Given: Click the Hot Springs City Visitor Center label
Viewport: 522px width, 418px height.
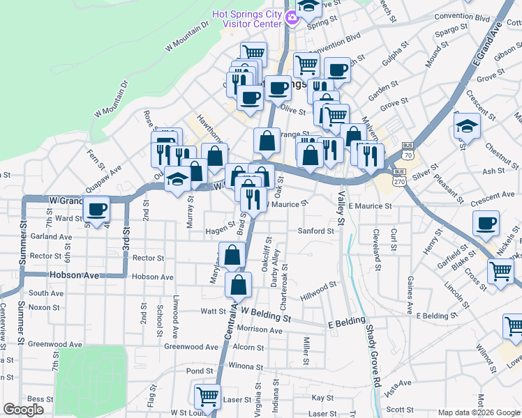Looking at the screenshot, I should point(252,19).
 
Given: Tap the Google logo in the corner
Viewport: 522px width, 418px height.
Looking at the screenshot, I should point(24,410).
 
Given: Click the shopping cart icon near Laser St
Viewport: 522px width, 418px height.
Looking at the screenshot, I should point(207,397).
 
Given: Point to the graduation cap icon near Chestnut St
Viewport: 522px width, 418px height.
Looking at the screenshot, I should point(466,127).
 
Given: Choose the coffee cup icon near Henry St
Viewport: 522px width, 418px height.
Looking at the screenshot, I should point(486,224).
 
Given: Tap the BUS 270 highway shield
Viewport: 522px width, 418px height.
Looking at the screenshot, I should point(399,176).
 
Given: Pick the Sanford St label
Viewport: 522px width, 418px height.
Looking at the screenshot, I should point(316,231).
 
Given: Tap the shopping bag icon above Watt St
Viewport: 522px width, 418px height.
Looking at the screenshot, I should point(239,284).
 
